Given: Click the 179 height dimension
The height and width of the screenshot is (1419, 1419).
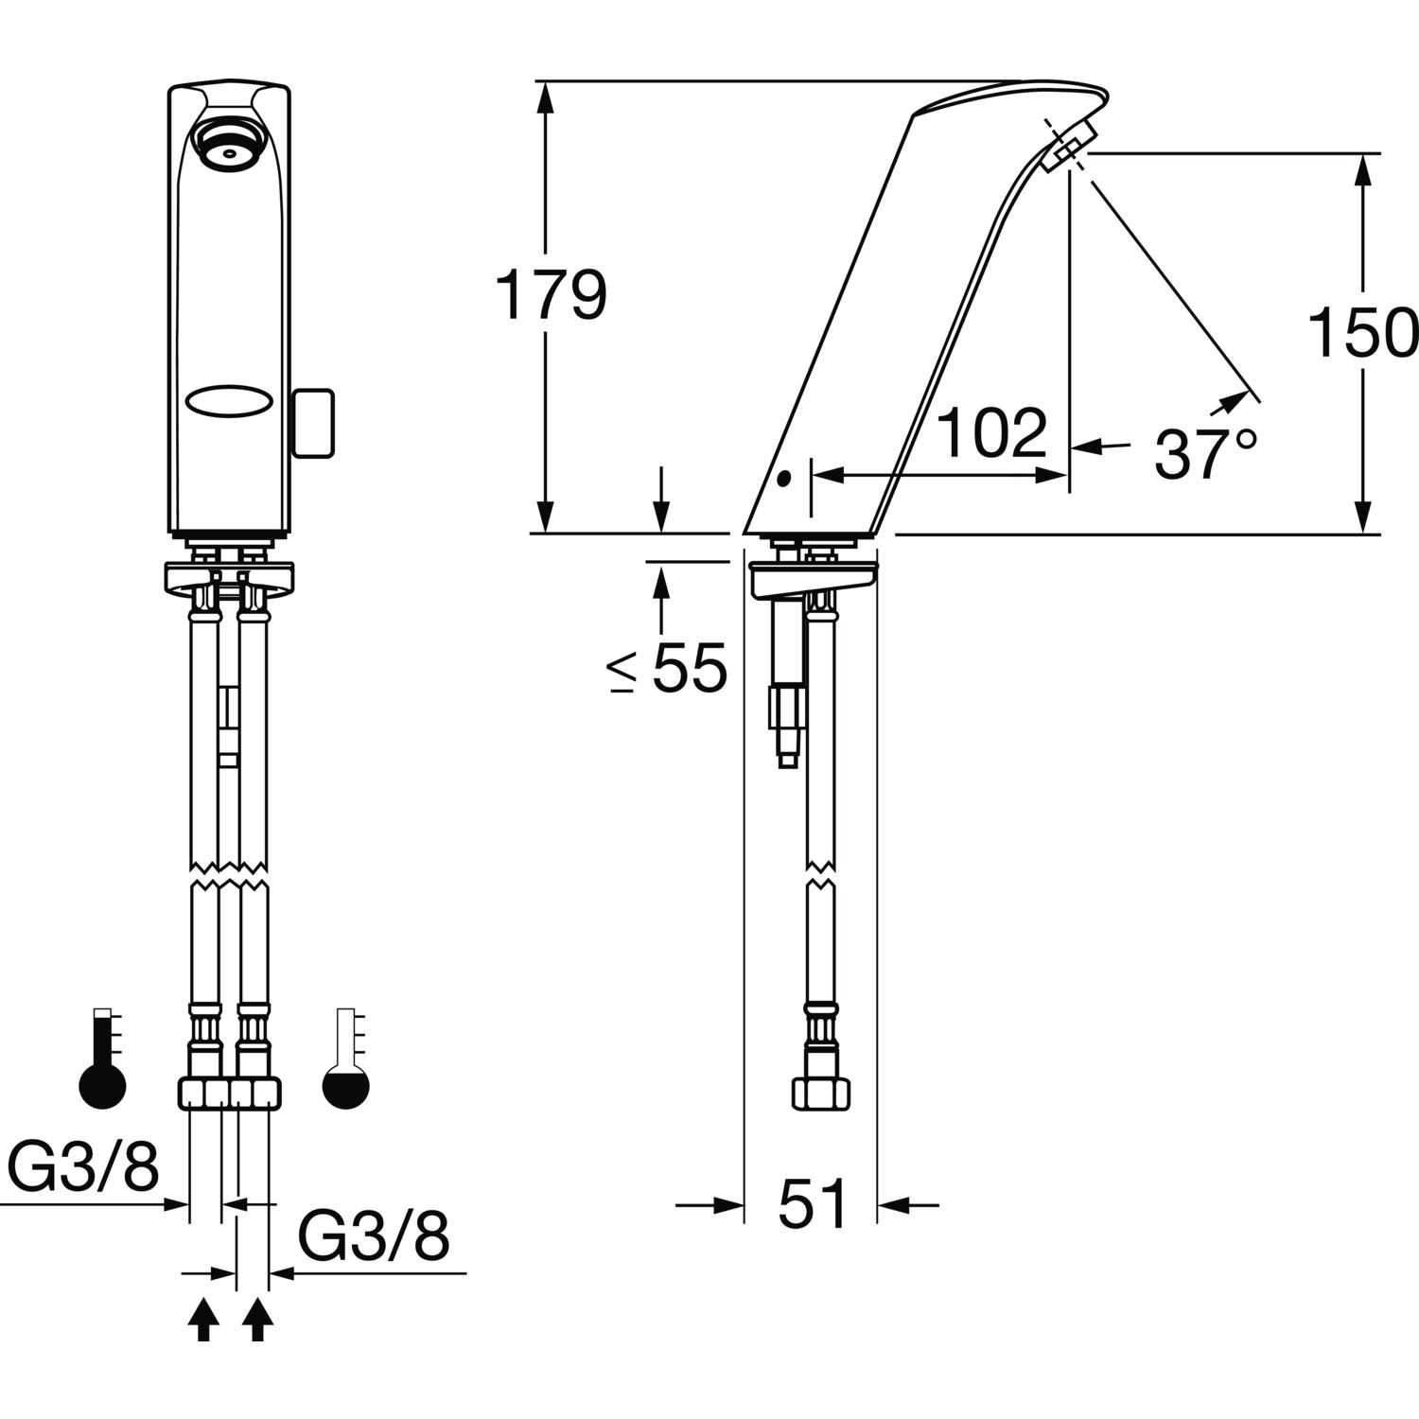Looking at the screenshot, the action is tap(551, 295).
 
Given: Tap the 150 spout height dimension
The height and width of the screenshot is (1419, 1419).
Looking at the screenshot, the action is tap(1363, 333).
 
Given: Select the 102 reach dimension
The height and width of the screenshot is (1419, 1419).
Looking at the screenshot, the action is tap(992, 433).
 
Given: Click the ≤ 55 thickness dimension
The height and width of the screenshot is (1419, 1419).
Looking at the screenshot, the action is tap(668, 668).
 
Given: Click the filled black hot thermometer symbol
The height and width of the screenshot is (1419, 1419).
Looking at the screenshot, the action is tap(101, 1060).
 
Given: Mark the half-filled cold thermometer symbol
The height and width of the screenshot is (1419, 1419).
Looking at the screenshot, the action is tap(346, 1059).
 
